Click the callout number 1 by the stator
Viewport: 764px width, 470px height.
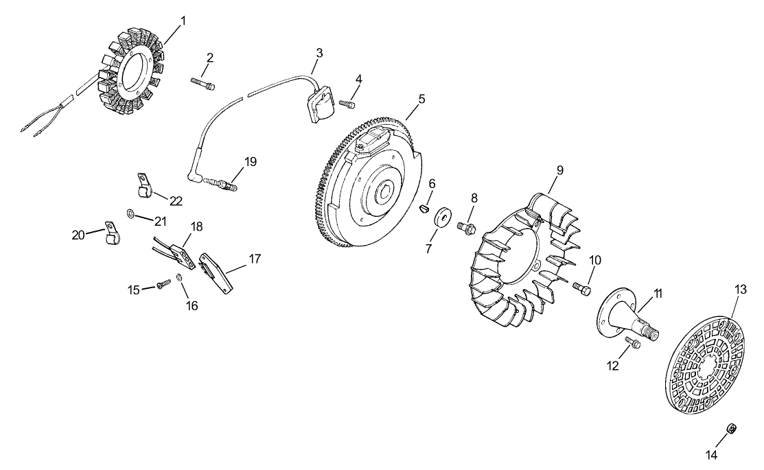point(182,21)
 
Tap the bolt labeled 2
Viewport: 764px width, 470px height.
point(202,84)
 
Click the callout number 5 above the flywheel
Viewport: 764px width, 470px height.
point(421,99)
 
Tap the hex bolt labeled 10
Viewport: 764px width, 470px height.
point(582,292)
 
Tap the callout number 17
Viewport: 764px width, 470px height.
point(255,259)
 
